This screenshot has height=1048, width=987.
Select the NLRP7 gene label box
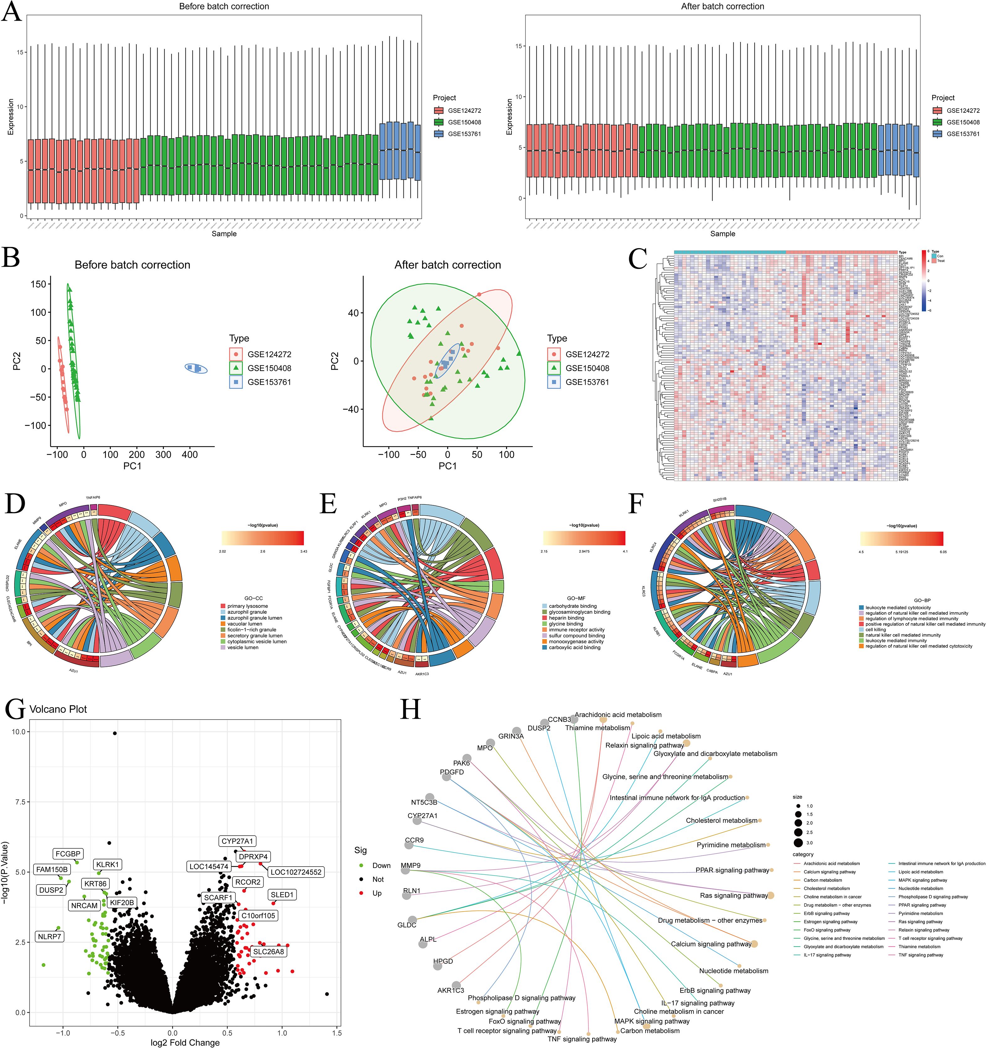tap(49, 936)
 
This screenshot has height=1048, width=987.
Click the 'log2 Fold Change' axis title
tap(178, 1042)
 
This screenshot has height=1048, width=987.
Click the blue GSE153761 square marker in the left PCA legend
tap(236, 382)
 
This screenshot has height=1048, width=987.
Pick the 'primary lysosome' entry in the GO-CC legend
tap(247, 606)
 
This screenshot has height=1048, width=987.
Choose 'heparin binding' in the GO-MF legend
tap(566, 618)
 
